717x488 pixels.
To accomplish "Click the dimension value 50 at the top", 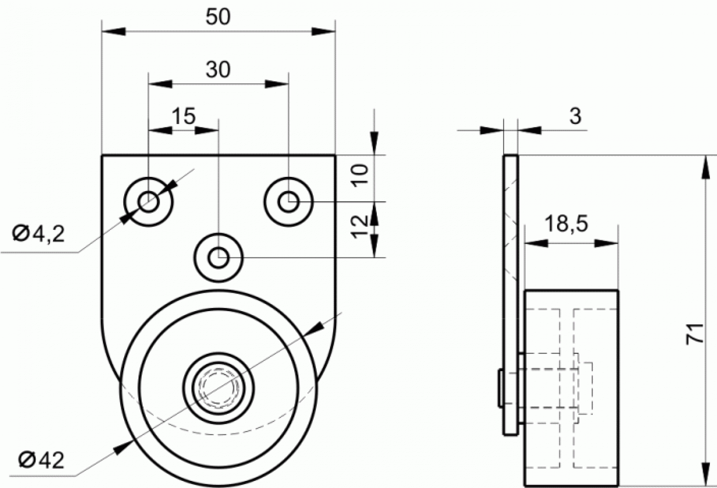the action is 218,17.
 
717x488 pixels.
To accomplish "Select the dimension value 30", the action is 218,70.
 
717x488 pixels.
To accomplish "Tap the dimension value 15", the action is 184,116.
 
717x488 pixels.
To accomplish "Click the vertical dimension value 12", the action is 360,227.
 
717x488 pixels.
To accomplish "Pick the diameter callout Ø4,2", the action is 39,235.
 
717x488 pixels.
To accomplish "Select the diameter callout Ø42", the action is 41,461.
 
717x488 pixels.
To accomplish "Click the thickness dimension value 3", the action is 575,116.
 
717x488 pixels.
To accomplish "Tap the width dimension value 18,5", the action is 566,223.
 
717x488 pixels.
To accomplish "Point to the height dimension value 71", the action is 695,334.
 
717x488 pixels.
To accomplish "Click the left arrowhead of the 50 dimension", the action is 114,31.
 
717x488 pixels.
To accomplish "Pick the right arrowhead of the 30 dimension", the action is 277,84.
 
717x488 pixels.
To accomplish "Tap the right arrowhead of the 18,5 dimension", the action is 606,244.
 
